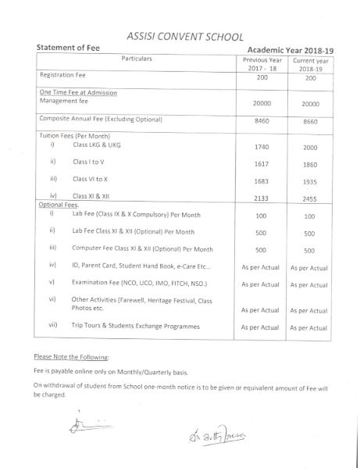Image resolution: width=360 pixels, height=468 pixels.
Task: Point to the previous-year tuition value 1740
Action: [x=261, y=148]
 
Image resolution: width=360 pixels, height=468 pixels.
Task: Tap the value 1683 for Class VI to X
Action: [x=261, y=183]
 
